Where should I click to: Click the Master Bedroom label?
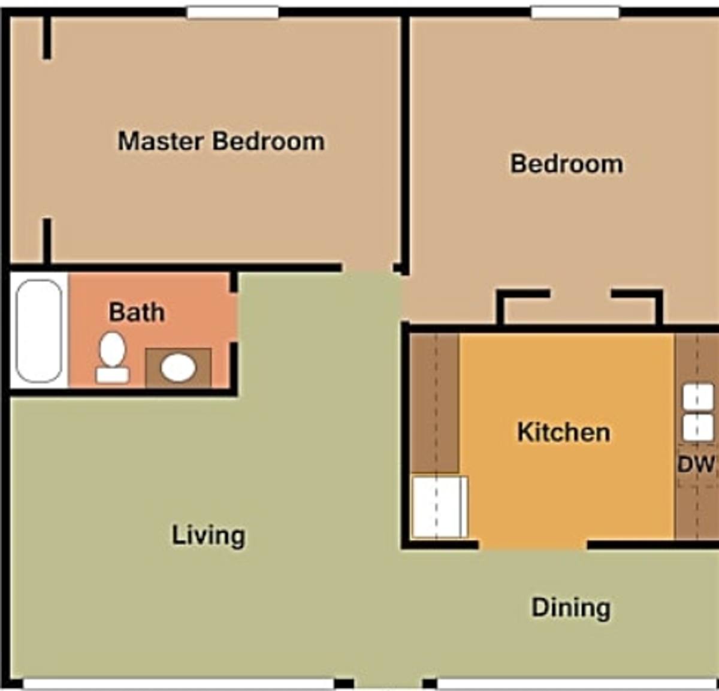[221, 141]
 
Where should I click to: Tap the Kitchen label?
[564, 432]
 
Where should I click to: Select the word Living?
[209, 536]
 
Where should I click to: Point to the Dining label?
[571, 609]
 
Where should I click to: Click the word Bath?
[137, 312]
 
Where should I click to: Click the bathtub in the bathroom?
[39, 331]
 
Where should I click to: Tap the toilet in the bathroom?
[112, 357]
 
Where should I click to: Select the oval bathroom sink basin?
[178, 367]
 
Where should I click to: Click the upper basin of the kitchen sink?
[698, 397]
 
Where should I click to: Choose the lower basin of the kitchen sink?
[698, 428]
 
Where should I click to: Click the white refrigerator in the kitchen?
[440, 507]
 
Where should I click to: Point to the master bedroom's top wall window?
[232, 12]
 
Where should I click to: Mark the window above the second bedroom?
[575, 12]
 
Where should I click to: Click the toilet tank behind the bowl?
[112, 375]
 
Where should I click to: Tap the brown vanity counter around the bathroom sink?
[179, 367]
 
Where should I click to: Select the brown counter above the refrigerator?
[435, 403]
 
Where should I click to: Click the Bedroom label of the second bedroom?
[567, 164]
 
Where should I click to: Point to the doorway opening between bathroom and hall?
[234, 318]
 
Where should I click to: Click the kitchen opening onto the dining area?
[533, 544]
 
